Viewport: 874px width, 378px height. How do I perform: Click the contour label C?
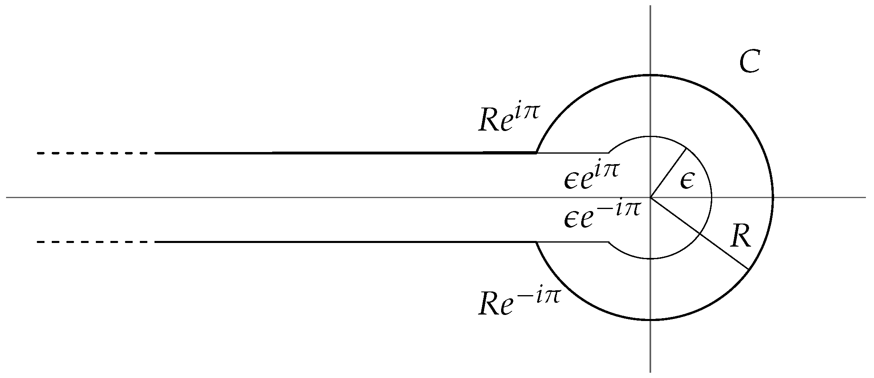point(749,63)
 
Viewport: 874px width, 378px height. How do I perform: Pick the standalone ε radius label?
point(687,182)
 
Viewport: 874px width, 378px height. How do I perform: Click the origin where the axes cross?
point(650,198)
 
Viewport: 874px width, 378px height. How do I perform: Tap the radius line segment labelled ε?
point(668,173)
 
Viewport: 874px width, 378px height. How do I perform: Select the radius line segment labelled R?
point(699,233)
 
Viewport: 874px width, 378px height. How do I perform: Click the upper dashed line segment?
point(95,153)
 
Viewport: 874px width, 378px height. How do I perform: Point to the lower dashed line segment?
point(95,242)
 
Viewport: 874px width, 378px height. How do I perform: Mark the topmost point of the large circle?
point(650,75)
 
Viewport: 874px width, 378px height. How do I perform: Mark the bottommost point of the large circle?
point(650,320)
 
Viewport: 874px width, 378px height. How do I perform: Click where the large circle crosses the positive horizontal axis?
point(773,198)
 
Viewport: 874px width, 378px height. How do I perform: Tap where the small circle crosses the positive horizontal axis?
point(711,198)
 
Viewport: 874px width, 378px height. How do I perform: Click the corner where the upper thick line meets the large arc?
point(536,153)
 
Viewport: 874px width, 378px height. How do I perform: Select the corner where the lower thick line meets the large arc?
point(536,242)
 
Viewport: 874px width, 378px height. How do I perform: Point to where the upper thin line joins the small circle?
point(609,153)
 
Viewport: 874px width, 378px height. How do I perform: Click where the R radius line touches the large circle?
point(748,269)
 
